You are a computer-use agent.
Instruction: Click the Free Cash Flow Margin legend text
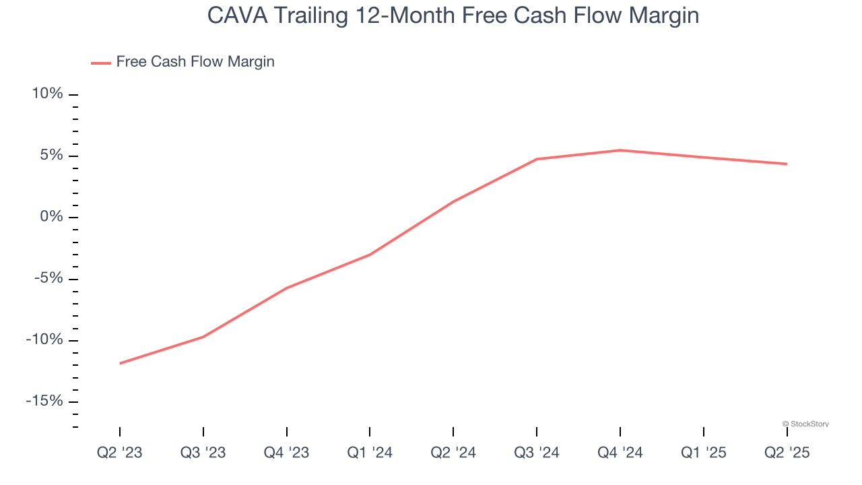[195, 62]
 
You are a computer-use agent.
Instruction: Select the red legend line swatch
[101, 63]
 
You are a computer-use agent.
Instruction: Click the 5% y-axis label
[52, 156]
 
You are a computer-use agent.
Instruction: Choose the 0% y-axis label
[52, 217]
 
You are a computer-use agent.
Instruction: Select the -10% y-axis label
[45, 339]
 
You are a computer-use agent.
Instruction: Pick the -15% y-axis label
[45, 401]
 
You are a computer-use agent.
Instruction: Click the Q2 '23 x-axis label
[120, 453]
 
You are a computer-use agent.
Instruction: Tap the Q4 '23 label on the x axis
[287, 453]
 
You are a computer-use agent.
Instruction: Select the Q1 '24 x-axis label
[370, 453]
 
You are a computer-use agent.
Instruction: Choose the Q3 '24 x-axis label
[537, 453]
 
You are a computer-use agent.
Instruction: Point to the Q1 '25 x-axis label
[704, 453]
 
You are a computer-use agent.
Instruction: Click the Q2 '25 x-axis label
[787, 453]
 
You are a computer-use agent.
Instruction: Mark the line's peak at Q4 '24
[620, 150]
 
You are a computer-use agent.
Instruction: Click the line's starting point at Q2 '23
[120, 363]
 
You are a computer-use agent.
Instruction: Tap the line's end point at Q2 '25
[787, 164]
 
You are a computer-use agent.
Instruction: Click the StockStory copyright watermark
[805, 424]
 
